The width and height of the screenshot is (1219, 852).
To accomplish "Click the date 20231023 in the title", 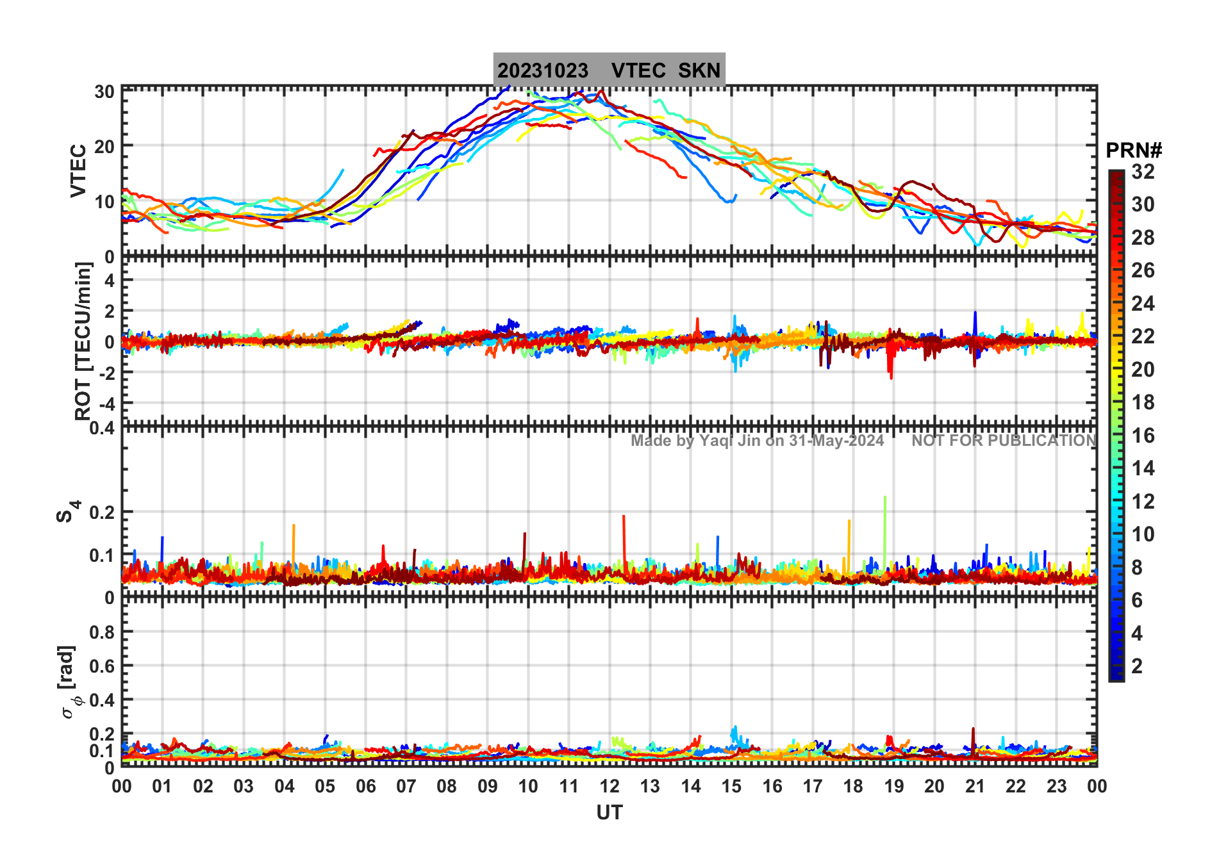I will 543,70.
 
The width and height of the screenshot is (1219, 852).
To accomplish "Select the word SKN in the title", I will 699,70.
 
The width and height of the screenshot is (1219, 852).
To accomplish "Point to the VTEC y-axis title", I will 78,170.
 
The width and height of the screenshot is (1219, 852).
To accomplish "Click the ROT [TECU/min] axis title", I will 83,341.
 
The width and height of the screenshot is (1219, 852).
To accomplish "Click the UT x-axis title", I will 609,812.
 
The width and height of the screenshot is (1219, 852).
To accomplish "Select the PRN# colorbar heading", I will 1133,151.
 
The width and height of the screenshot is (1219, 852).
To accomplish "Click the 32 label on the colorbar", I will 1143,172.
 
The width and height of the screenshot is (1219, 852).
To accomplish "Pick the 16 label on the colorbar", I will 1143,436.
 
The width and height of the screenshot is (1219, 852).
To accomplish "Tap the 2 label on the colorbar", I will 1137,666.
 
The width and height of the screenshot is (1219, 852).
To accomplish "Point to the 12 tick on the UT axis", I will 609,786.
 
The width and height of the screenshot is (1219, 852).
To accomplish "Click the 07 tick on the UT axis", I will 406,786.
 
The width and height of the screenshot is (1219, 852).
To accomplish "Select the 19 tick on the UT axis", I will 894,786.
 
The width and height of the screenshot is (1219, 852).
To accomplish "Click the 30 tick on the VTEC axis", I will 104,92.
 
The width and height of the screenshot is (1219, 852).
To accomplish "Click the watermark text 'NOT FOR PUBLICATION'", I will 1004,441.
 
